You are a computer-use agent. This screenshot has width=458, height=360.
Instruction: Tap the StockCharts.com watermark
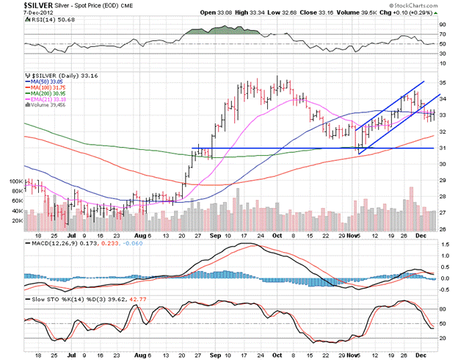click(428, 5)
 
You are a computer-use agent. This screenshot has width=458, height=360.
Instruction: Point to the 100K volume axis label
click(15, 180)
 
